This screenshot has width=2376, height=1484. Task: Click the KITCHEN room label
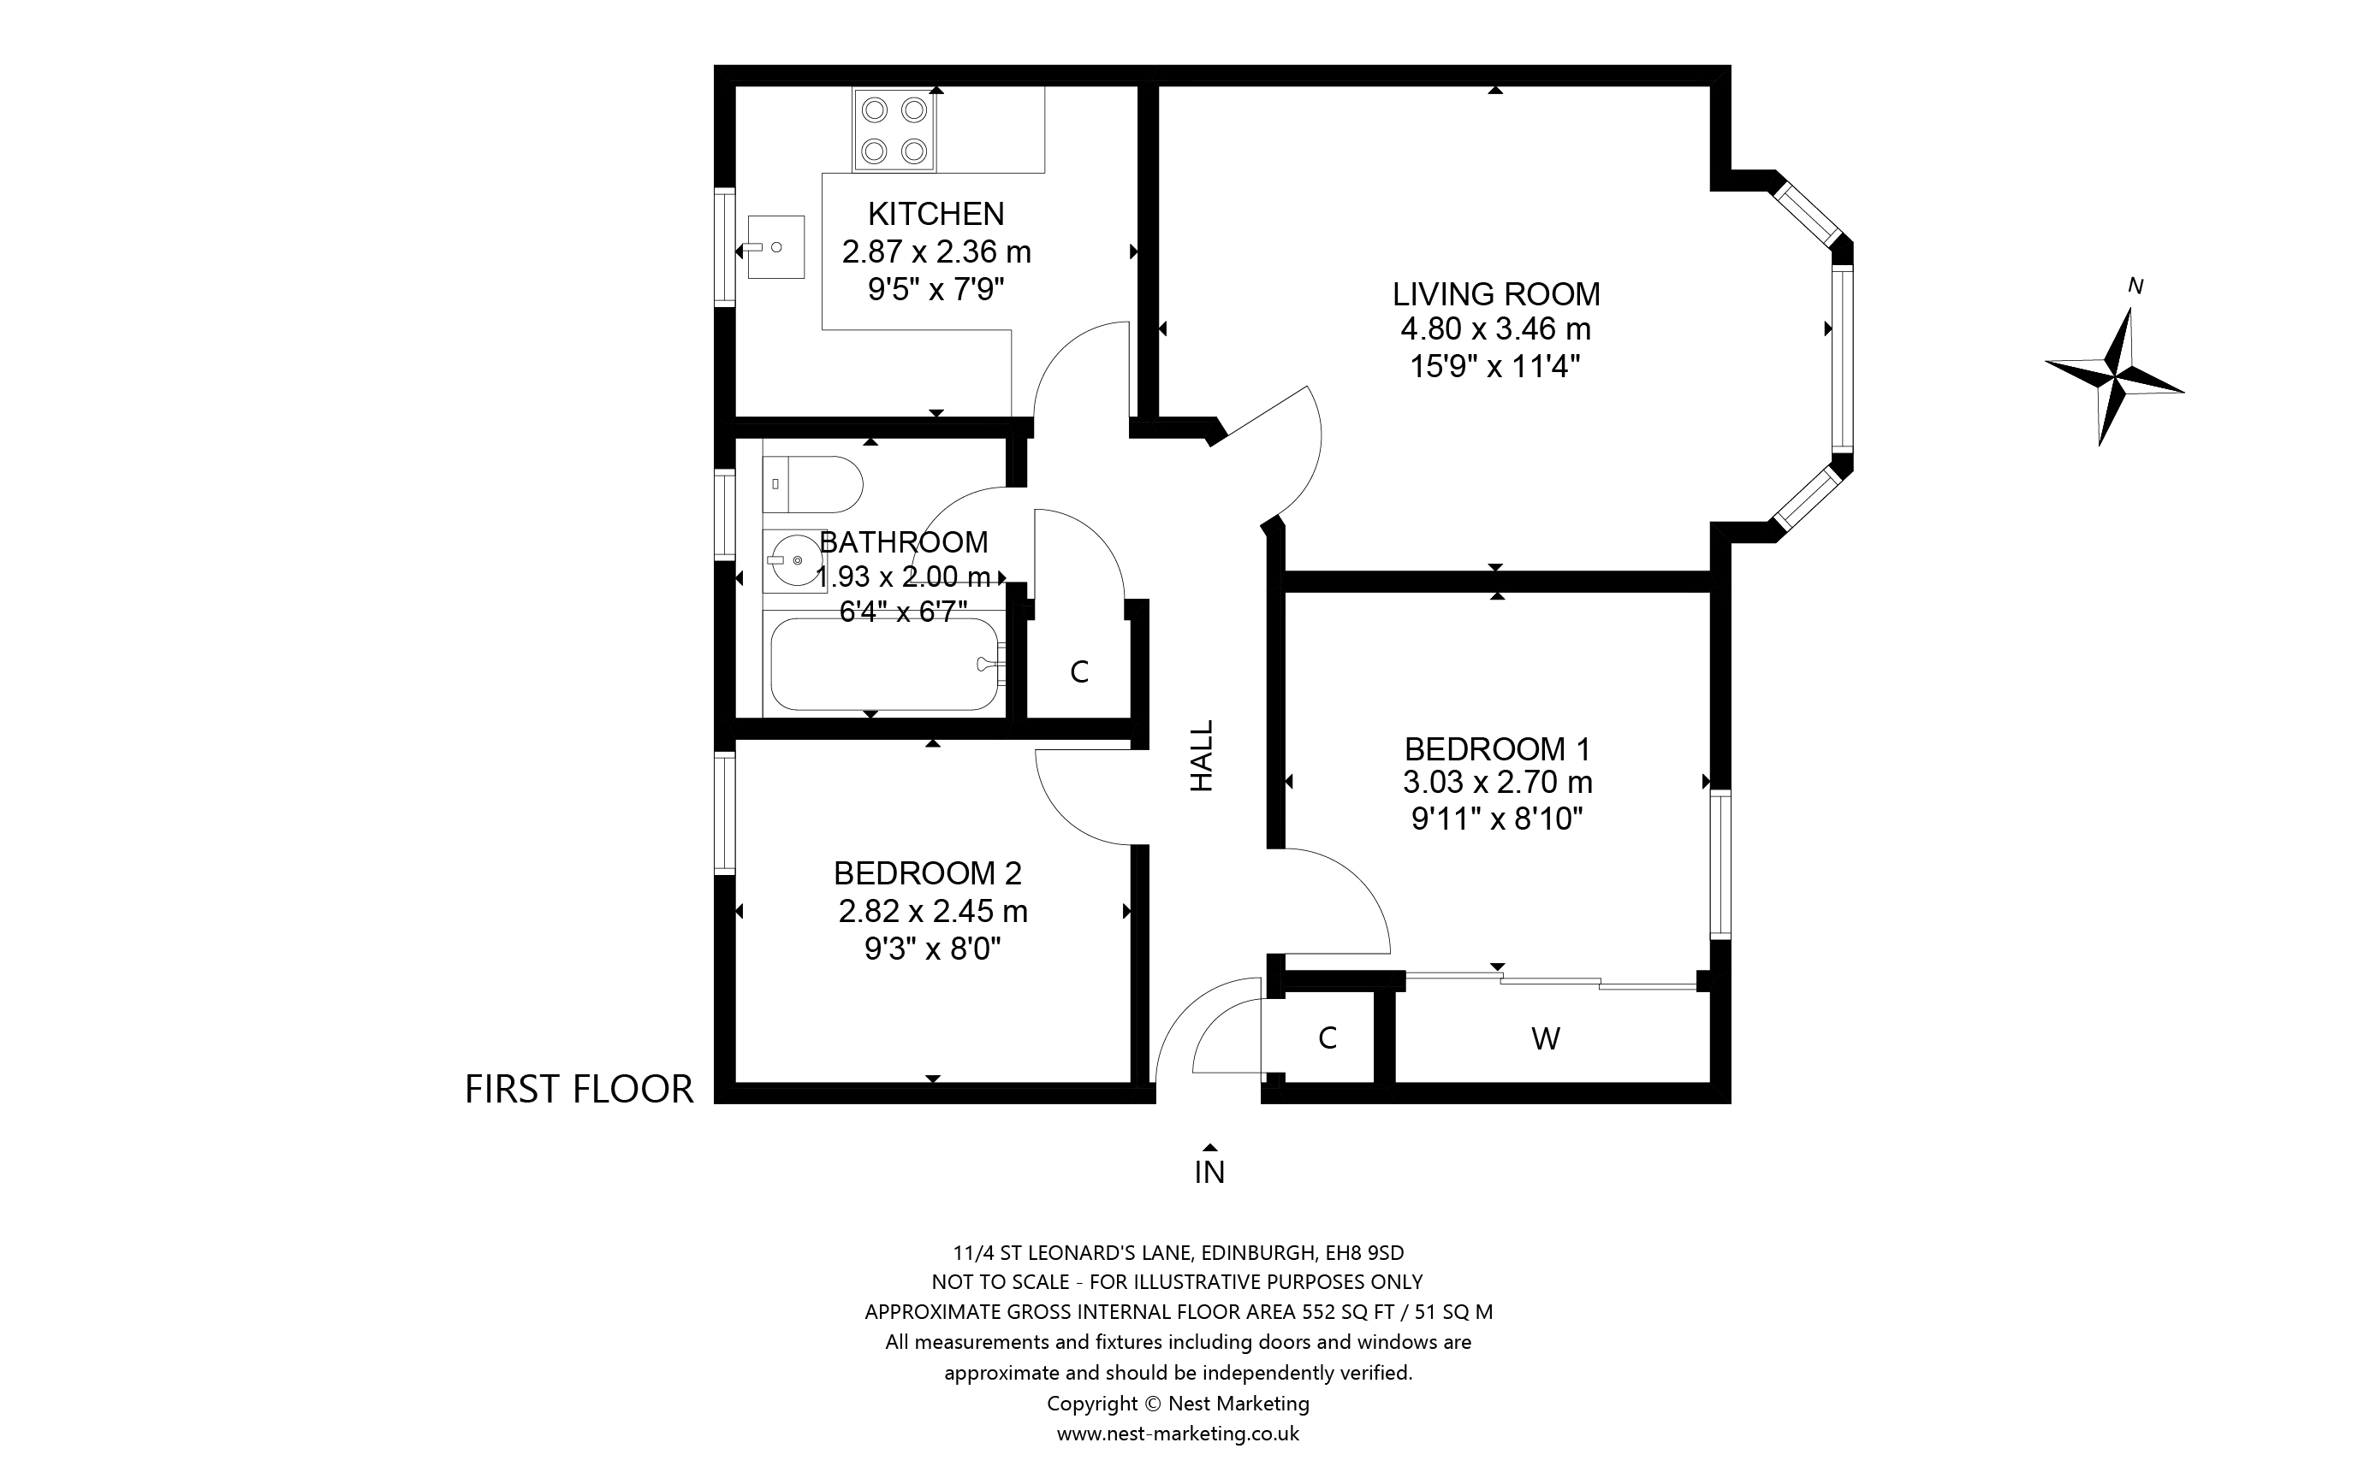point(935,213)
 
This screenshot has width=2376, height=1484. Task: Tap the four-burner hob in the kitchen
point(894,129)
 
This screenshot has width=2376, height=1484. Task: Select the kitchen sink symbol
point(775,247)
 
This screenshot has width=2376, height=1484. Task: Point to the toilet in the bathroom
point(811,484)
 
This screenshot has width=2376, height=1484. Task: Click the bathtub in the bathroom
point(883,665)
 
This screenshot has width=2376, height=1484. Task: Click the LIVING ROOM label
point(1495,293)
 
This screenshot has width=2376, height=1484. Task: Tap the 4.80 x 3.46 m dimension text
point(1495,328)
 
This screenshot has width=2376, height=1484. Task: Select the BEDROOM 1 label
point(1496,749)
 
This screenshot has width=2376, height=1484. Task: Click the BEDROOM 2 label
point(927,872)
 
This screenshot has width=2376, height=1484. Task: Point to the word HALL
point(1203,756)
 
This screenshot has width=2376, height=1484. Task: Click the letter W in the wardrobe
point(1546,1038)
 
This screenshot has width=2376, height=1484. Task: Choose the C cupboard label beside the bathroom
point(1079,672)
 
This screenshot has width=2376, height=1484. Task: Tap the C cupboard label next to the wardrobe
point(1328,1038)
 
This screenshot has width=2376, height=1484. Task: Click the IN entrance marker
point(1209,1171)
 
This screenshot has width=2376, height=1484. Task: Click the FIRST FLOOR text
point(579,1090)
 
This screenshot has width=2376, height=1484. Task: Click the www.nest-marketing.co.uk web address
point(1177,1434)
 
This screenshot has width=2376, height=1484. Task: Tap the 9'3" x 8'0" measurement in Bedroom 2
point(932,949)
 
